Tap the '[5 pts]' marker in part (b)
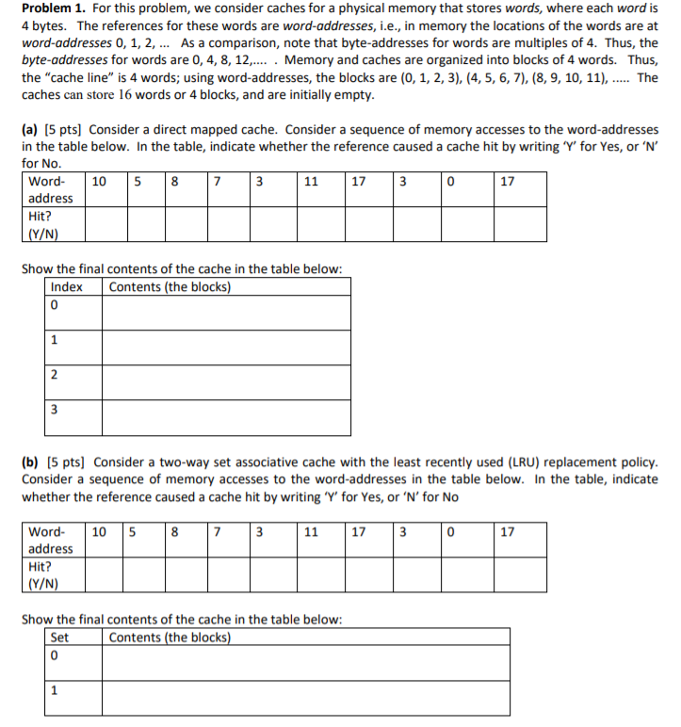tap(66, 462)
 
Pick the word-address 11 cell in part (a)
tap(311, 182)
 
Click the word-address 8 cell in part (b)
tap(176, 531)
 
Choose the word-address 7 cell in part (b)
tap(218, 531)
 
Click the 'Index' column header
tap(67, 287)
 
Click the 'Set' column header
tap(59, 637)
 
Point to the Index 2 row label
tap(55, 376)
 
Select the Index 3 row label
tap(55, 411)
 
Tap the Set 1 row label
tap(54, 689)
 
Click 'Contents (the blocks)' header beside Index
tap(170, 287)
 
